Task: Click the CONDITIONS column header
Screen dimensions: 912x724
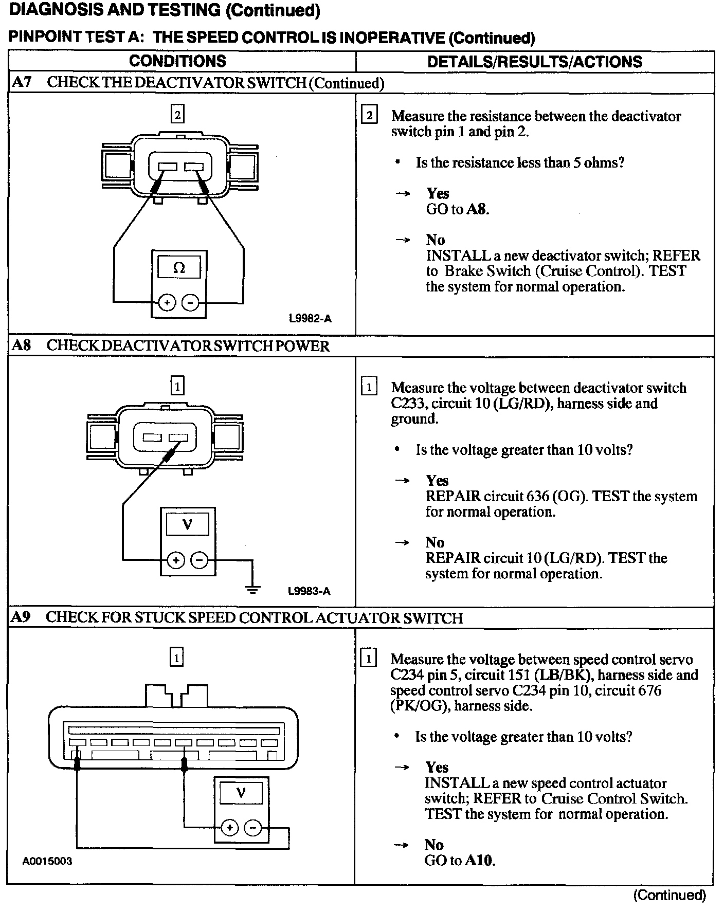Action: (x=177, y=61)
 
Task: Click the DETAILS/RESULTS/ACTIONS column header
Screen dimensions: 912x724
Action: (x=535, y=62)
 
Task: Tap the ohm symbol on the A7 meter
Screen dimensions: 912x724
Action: (x=179, y=268)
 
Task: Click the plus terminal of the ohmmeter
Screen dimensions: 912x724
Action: (x=167, y=303)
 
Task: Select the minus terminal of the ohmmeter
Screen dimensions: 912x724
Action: (x=191, y=303)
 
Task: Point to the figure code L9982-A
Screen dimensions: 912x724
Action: (x=310, y=319)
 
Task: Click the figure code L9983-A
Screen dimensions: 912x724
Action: (x=309, y=591)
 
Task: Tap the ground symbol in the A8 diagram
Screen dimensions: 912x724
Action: (x=252, y=589)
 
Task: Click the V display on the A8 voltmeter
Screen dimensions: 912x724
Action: (x=187, y=525)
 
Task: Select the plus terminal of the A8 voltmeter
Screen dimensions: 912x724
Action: (x=176, y=560)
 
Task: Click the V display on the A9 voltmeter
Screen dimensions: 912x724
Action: (x=241, y=793)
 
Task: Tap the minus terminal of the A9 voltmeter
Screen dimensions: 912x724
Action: (x=252, y=828)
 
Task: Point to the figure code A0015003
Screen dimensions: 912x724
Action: (x=47, y=861)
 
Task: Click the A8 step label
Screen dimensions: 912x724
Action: (x=22, y=345)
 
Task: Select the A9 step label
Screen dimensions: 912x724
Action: (x=22, y=617)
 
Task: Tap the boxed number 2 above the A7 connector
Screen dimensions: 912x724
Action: (x=177, y=115)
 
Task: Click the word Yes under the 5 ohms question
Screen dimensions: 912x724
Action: (x=438, y=193)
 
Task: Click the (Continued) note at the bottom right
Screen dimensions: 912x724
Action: (x=669, y=895)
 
